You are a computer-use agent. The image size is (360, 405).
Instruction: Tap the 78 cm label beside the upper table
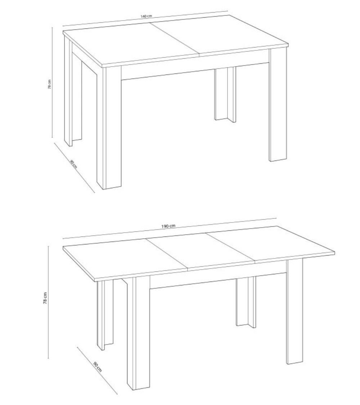coord(50,84)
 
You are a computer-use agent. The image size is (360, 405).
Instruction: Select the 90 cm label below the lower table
coord(97,366)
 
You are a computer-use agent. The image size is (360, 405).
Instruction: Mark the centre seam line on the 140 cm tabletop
coord(174,38)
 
